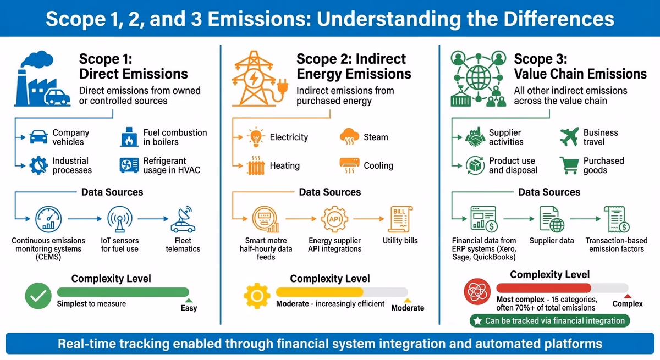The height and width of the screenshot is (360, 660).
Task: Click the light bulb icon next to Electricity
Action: coord(256,137)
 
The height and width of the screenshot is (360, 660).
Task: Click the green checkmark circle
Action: coord(38,297)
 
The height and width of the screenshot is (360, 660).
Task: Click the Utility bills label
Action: coord(400,241)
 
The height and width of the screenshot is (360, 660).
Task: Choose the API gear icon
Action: coord(335,219)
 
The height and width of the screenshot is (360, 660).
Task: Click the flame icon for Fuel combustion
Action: coord(129,137)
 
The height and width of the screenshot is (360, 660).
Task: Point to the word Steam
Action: coord(376,137)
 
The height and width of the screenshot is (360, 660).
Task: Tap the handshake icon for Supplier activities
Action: coord(473,137)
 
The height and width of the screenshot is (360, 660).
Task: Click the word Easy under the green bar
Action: coord(189,308)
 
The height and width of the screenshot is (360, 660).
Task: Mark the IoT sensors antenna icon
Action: coord(120,219)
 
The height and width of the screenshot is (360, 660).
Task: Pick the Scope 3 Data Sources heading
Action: coord(549,192)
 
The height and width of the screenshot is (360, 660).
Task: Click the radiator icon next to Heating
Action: coord(256,165)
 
